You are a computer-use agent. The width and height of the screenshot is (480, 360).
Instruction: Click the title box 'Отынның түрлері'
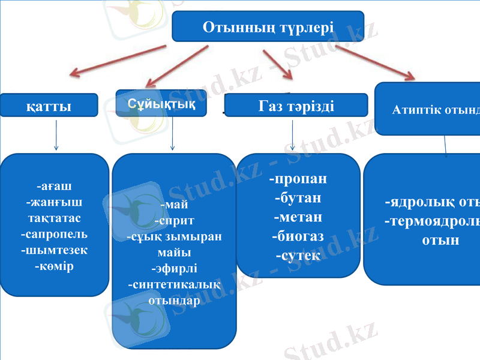click(x=268, y=26)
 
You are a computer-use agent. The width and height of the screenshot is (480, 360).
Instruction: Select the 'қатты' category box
click(x=49, y=106)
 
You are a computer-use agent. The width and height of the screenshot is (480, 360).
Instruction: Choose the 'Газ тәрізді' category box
click(x=296, y=105)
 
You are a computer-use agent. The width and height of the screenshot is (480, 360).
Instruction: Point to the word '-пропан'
click(x=298, y=179)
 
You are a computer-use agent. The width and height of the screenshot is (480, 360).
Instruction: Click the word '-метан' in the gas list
click(x=298, y=217)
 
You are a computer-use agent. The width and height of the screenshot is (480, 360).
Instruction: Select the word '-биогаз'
click(x=298, y=236)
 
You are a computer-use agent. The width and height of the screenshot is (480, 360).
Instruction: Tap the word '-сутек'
click(x=298, y=255)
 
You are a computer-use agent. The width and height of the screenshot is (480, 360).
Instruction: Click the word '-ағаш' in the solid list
click(x=55, y=185)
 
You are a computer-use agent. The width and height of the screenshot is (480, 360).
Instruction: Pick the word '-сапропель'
click(x=55, y=233)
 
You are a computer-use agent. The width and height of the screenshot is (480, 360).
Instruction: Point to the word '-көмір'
click(x=55, y=265)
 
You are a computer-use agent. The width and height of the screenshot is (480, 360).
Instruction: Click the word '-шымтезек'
click(x=55, y=250)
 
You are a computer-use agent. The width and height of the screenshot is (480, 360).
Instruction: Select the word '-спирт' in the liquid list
click(x=174, y=220)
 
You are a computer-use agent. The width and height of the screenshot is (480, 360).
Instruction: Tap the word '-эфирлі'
click(x=174, y=268)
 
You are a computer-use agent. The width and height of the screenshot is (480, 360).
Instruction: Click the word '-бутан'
click(x=298, y=197)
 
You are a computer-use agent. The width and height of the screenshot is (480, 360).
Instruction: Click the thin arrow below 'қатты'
click(x=56, y=135)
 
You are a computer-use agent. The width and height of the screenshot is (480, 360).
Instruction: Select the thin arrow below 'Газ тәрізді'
click(x=292, y=135)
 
